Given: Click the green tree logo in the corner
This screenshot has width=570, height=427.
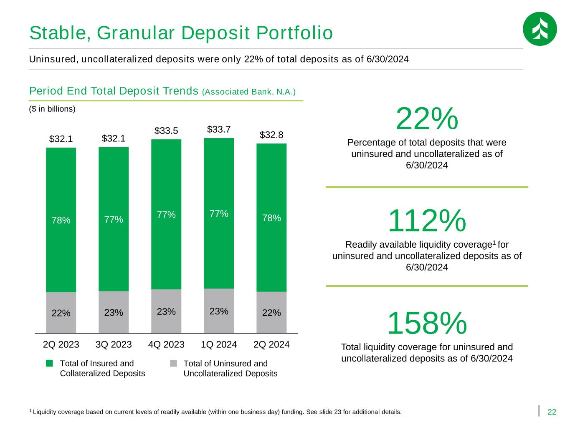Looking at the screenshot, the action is point(540,29).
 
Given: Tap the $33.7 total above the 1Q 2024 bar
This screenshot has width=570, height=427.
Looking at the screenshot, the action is point(219,129).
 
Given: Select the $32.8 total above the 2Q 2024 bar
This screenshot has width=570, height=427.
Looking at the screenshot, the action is point(271,135).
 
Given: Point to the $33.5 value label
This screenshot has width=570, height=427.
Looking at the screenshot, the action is point(166,131).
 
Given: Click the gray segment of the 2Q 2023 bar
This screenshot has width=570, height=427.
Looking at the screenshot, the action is point(61,312).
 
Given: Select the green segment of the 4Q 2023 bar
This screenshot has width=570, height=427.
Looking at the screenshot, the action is point(166,214).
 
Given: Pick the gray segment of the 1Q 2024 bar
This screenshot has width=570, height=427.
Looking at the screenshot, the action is point(219,311).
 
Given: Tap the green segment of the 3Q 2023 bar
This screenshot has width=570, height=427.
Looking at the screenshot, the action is point(114,219).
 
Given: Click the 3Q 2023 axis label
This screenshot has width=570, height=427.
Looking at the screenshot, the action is point(114,344).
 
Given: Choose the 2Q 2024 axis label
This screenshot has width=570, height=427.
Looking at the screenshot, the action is point(271,344).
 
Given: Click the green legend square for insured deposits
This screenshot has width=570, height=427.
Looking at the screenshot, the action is point(49,363).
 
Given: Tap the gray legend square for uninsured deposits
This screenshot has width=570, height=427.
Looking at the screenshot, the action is point(173,363).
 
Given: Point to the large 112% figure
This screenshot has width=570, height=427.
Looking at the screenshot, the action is point(427,221).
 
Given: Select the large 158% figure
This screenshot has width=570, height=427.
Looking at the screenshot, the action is point(427,323).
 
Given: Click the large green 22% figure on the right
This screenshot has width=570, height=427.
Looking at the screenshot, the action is point(427,119).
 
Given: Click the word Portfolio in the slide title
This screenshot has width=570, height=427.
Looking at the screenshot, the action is point(294,33).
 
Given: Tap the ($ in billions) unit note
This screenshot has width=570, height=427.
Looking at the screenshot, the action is point(52,109).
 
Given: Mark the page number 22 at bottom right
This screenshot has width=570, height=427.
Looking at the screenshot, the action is point(552,412).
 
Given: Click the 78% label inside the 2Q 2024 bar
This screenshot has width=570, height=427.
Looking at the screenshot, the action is point(271,218).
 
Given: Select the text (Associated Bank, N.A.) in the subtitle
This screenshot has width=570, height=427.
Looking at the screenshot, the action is point(249,92).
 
